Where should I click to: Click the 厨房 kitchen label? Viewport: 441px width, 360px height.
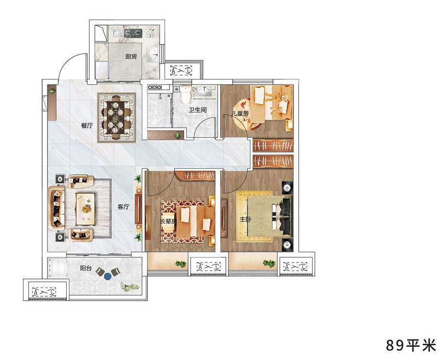131,56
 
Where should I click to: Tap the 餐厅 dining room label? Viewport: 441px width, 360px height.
87,126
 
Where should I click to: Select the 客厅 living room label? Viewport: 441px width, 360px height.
123,206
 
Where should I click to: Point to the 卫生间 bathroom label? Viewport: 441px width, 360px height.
197,110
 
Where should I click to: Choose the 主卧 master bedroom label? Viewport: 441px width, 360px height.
245,219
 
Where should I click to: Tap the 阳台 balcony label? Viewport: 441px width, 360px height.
86,268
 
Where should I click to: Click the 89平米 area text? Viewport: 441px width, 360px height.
410,345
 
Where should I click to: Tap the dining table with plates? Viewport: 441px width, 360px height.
115,117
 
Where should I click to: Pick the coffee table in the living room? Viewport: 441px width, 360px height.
85,209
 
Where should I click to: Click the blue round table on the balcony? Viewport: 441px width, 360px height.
108,276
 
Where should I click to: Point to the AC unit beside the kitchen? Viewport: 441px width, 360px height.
181,70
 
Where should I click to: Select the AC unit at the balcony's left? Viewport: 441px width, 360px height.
44,292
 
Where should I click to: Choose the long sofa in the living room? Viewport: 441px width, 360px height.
56,208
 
